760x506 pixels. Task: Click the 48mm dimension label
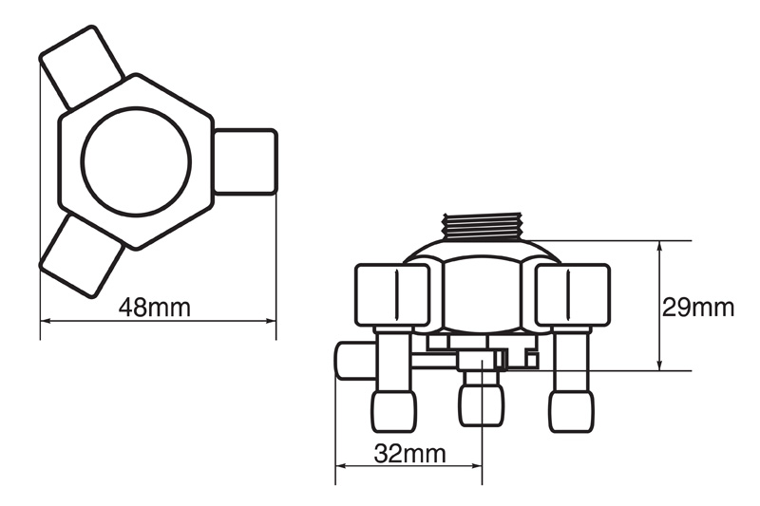click(155, 308)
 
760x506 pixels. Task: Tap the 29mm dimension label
click(698, 307)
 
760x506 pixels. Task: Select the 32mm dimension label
click(409, 454)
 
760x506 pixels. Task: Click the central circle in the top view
click(136, 161)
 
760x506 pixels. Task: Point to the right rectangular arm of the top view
click(245, 161)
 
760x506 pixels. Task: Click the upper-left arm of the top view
click(82, 66)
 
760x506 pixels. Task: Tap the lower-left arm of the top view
click(81, 256)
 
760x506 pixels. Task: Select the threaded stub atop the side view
click(483, 227)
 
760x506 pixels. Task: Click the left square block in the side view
click(392, 295)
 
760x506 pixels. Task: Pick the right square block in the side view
click(573, 295)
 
